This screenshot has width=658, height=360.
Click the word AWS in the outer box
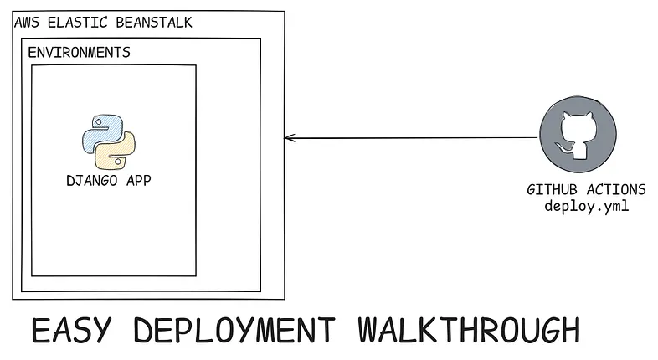point(27,22)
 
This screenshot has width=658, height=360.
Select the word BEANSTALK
point(152,22)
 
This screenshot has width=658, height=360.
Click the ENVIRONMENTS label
point(79,52)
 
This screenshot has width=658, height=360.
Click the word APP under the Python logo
point(137,180)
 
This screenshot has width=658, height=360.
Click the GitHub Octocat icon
point(581,135)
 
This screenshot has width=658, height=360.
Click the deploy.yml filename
point(586,206)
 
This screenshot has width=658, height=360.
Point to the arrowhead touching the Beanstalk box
point(289,138)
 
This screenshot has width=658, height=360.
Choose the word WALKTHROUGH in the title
point(467,330)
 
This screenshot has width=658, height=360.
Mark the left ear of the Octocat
point(567,116)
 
